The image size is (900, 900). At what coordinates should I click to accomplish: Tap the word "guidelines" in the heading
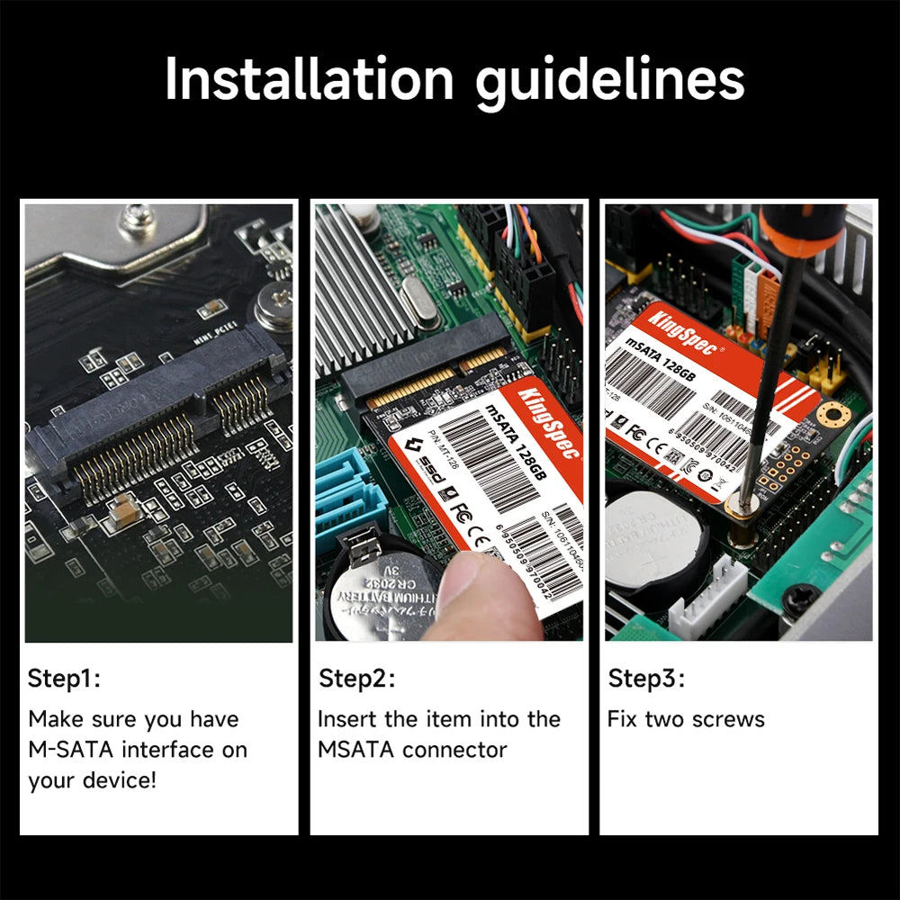click(610, 81)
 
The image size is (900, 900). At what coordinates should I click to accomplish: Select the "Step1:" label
click(64, 679)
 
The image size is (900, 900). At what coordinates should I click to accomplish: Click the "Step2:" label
click(356, 679)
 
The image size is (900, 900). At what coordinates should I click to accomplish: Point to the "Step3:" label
click(646, 679)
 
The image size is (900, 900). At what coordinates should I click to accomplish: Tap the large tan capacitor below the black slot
click(120, 512)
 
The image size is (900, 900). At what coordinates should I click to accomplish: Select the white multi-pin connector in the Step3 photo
click(706, 598)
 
